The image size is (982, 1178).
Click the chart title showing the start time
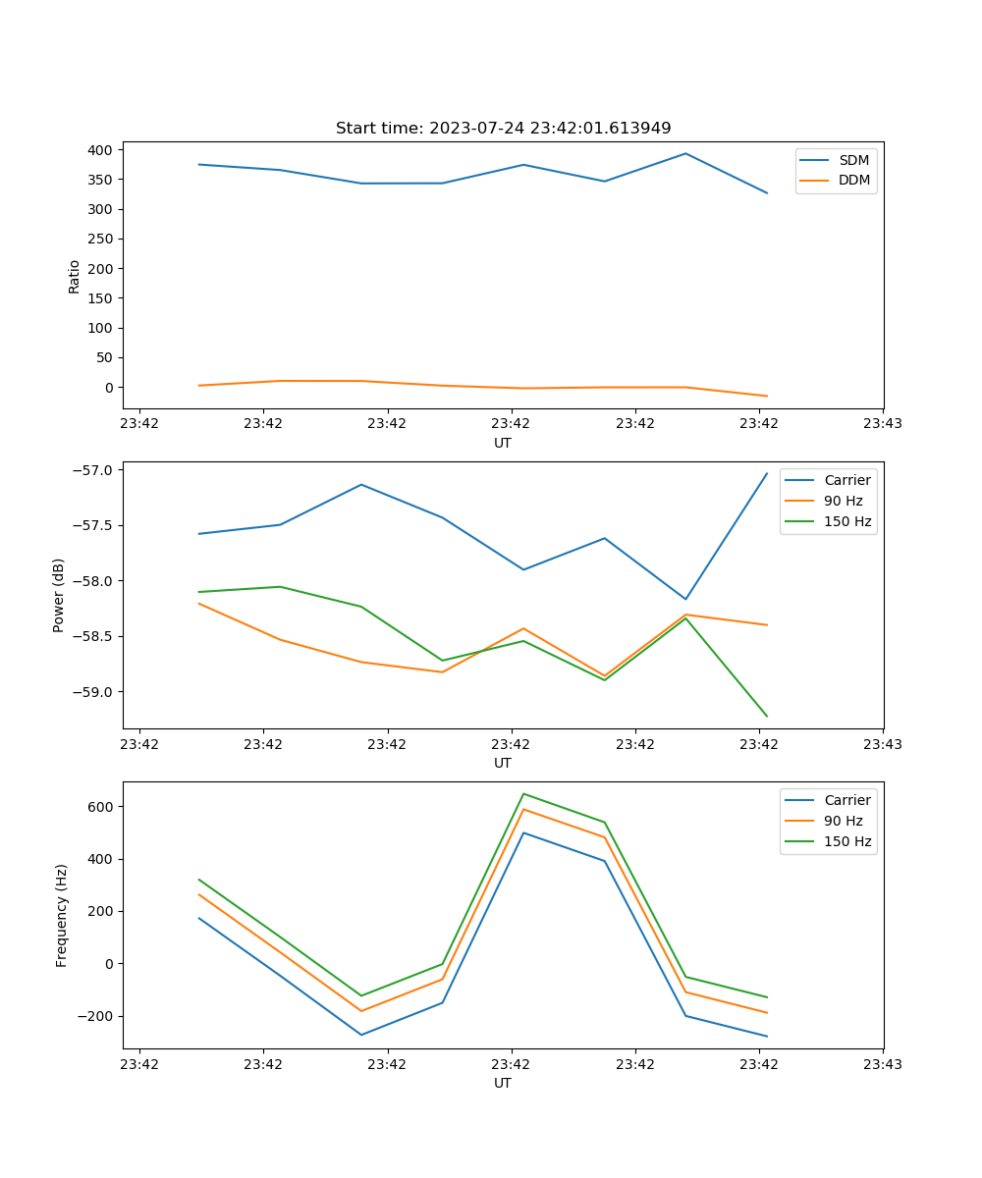pos(503,129)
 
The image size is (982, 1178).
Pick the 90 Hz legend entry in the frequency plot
pos(843,821)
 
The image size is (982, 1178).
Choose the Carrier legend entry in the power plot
pos(846,480)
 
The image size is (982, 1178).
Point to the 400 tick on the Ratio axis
pos(98,150)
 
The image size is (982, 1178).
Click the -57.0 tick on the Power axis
pos(91,470)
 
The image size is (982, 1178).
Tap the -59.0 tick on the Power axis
pos(91,692)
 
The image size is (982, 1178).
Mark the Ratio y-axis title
pos(75,276)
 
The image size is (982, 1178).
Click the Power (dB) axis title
pos(59,595)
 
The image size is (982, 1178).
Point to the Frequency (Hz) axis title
pos(62,915)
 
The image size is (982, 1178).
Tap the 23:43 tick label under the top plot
pos(883,424)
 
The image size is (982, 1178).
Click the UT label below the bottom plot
pos(503,1083)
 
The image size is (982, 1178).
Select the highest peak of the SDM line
pos(685,154)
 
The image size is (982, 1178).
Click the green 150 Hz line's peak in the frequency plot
pos(523,793)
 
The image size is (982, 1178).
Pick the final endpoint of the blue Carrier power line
pos(767,473)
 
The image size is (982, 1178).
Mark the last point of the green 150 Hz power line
pos(767,716)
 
